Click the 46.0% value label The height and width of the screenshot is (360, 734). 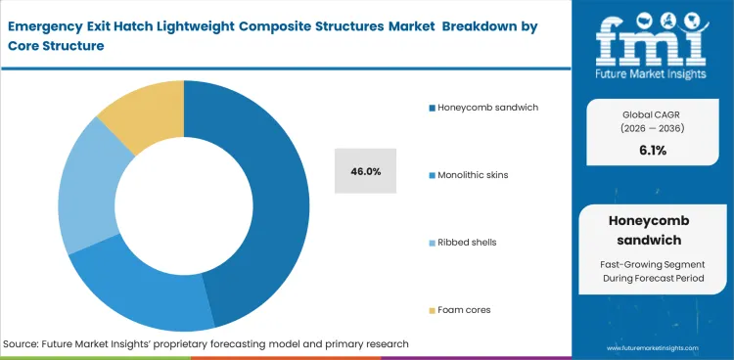[x=365, y=171]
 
